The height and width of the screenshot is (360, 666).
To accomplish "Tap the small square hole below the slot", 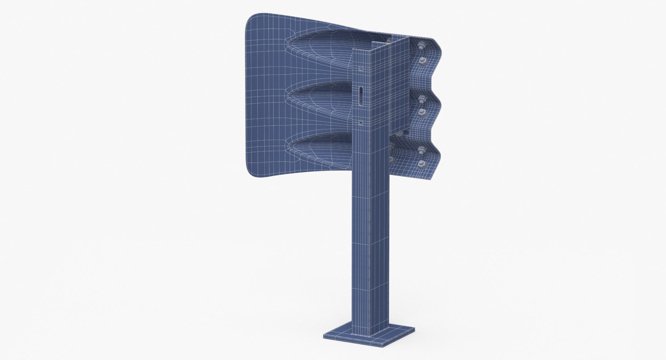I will [361, 122].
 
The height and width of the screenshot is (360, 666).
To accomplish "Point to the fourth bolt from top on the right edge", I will [422, 112].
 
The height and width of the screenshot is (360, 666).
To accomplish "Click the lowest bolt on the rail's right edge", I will [422, 163].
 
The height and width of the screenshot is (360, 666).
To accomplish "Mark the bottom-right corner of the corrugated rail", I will [432, 179].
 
